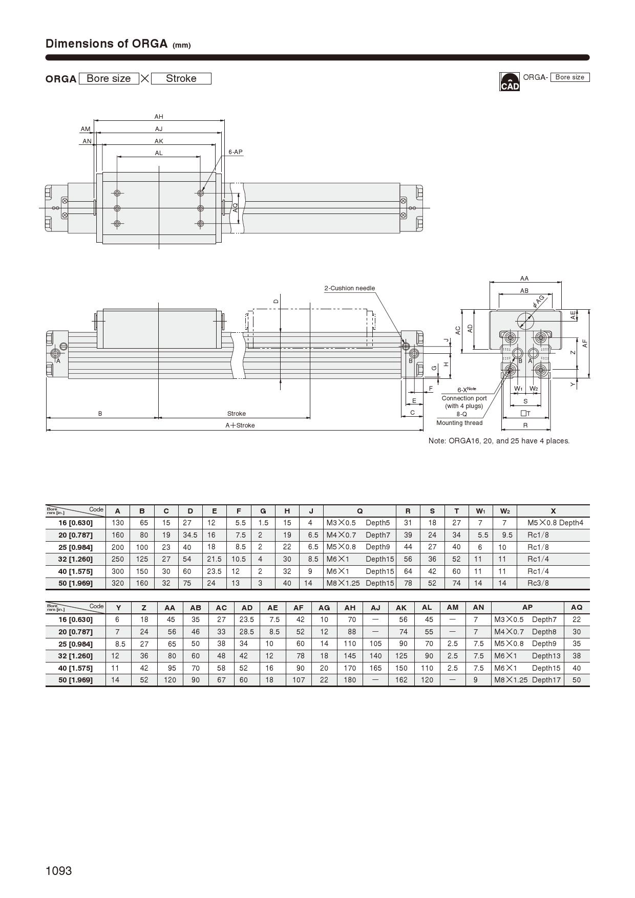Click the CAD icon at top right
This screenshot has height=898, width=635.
point(510,82)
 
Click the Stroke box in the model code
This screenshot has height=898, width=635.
point(181,78)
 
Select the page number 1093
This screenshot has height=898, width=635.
point(59,871)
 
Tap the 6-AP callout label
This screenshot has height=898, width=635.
point(236,152)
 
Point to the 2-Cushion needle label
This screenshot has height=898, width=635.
point(350,288)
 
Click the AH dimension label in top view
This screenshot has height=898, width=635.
point(159,117)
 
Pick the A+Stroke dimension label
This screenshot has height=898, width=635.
point(240,425)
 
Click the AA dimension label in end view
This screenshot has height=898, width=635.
point(524,279)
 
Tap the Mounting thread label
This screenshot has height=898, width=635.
point(459,423)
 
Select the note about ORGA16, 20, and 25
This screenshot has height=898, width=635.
point(499,441)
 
